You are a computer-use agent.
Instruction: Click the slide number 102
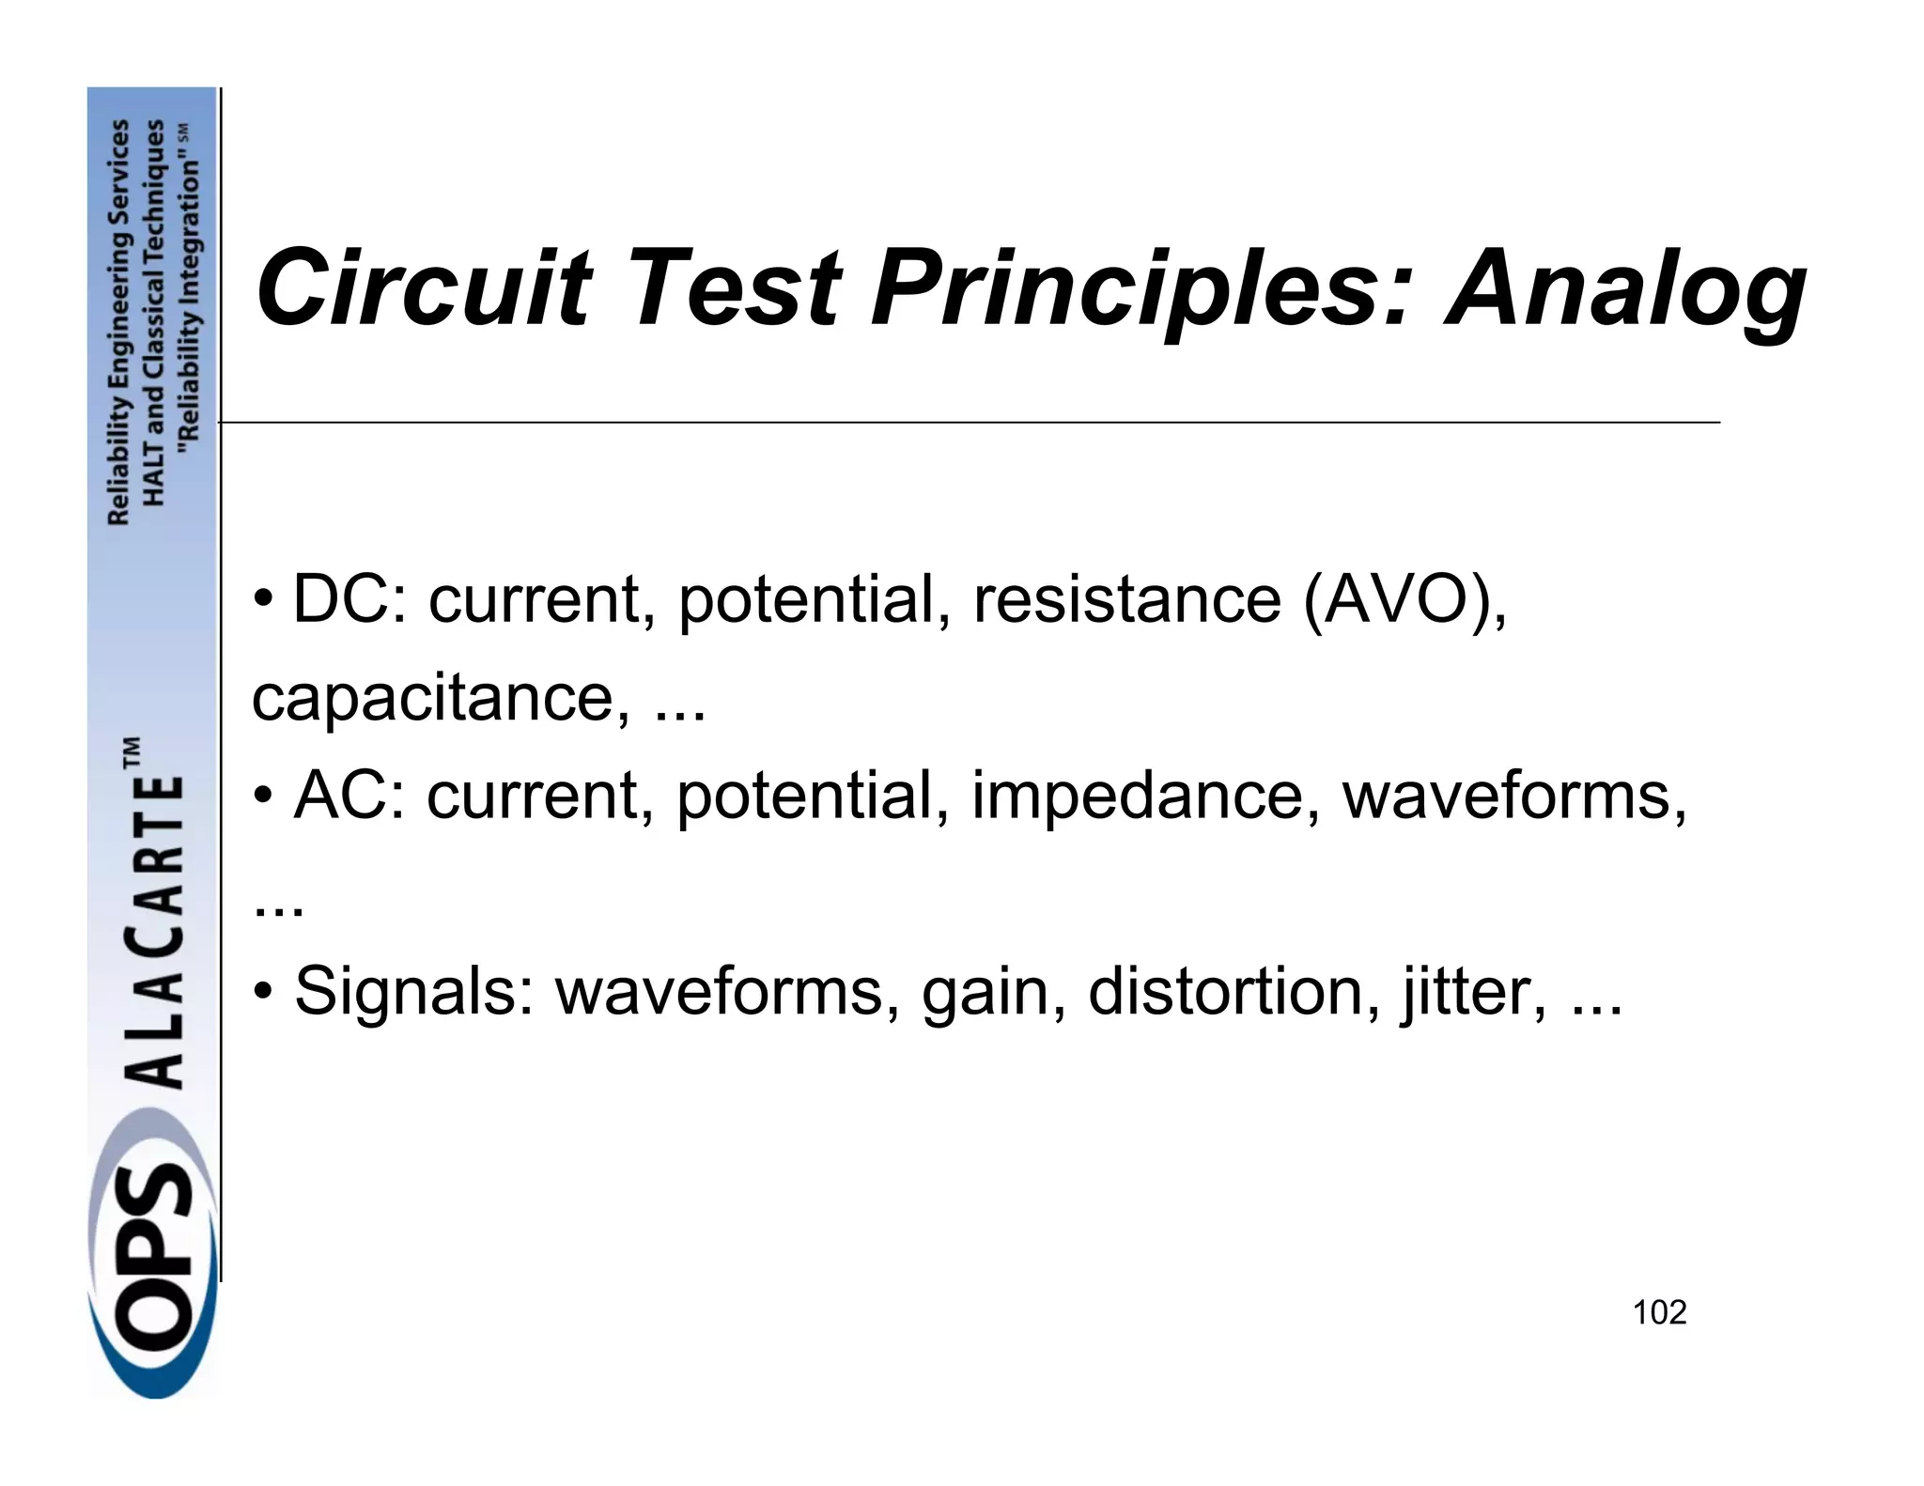[x=1659, y=1312]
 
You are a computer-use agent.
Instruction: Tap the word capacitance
[x=441, y=698]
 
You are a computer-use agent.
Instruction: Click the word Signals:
[x=413, y=992]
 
